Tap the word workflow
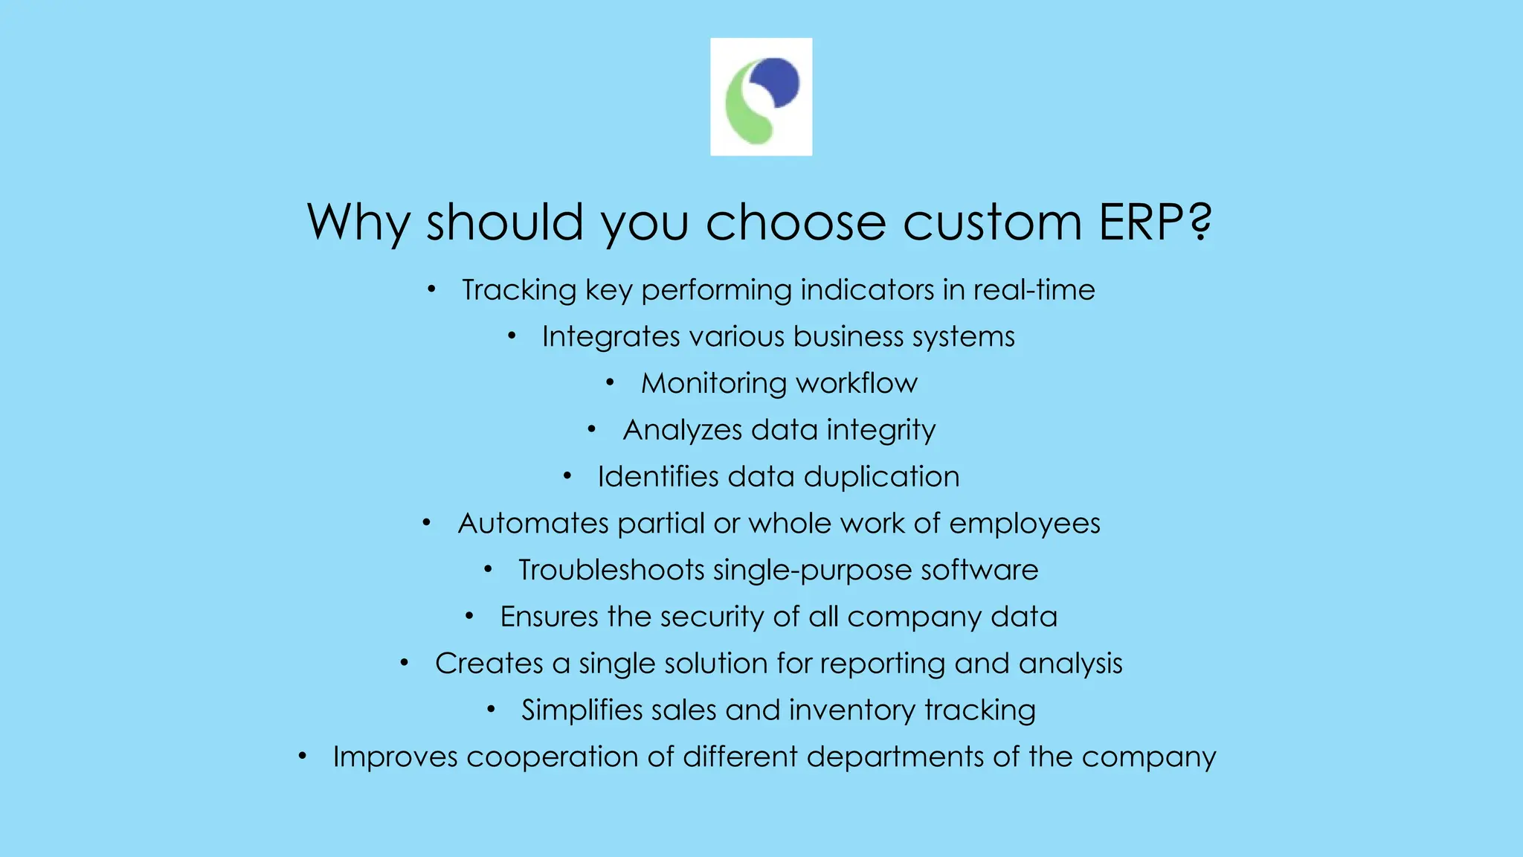click(856, 383)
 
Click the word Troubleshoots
click(611, 570)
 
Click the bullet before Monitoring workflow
click(610, 382)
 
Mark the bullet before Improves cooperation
click(302, 757)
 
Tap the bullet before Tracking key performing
click(431, 289)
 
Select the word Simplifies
click(582, 710)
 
